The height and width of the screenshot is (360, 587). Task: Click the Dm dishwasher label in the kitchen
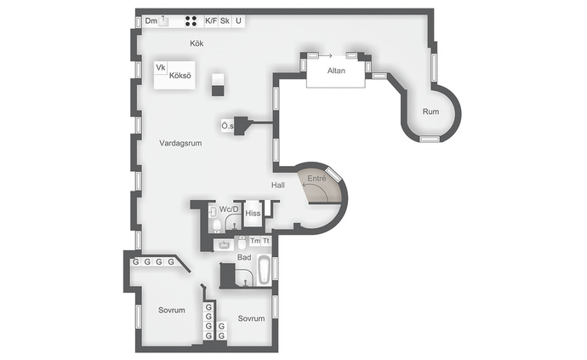[x=151, y=21]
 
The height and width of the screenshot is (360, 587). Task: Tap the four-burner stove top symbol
[x=191, y=21]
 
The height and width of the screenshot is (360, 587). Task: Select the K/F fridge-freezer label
[x=211, y=21]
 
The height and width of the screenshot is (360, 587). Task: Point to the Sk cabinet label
[x=225, y=21]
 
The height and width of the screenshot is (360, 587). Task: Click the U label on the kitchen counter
[x=238, y=21]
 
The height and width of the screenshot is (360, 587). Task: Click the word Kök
[x=197, y=43]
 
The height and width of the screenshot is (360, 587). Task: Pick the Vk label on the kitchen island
[x=161, y=67]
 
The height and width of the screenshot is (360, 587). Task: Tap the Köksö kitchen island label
[x=180, y=76]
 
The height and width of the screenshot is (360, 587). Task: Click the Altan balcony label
[x=336, y=71]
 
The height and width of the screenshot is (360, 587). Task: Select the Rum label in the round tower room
[x=430, y=111]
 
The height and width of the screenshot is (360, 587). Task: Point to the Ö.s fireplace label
[x=227, y=126]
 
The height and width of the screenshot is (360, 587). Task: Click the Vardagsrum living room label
[x=180, y=143]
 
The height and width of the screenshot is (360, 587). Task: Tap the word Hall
[x=278, y=185]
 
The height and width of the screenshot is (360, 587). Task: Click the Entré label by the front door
[x=316, y=179]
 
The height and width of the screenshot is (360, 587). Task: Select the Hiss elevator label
[x=253, y=214]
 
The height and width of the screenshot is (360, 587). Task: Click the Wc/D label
[x=229, y=209]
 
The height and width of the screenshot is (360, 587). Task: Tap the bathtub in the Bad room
[x=264, y=269]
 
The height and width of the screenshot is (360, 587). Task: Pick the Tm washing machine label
[x=255, y=241]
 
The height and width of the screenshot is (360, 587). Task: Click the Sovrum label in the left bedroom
[x=172, y=310]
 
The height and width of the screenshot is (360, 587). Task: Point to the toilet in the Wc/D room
[x=217, y=226]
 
